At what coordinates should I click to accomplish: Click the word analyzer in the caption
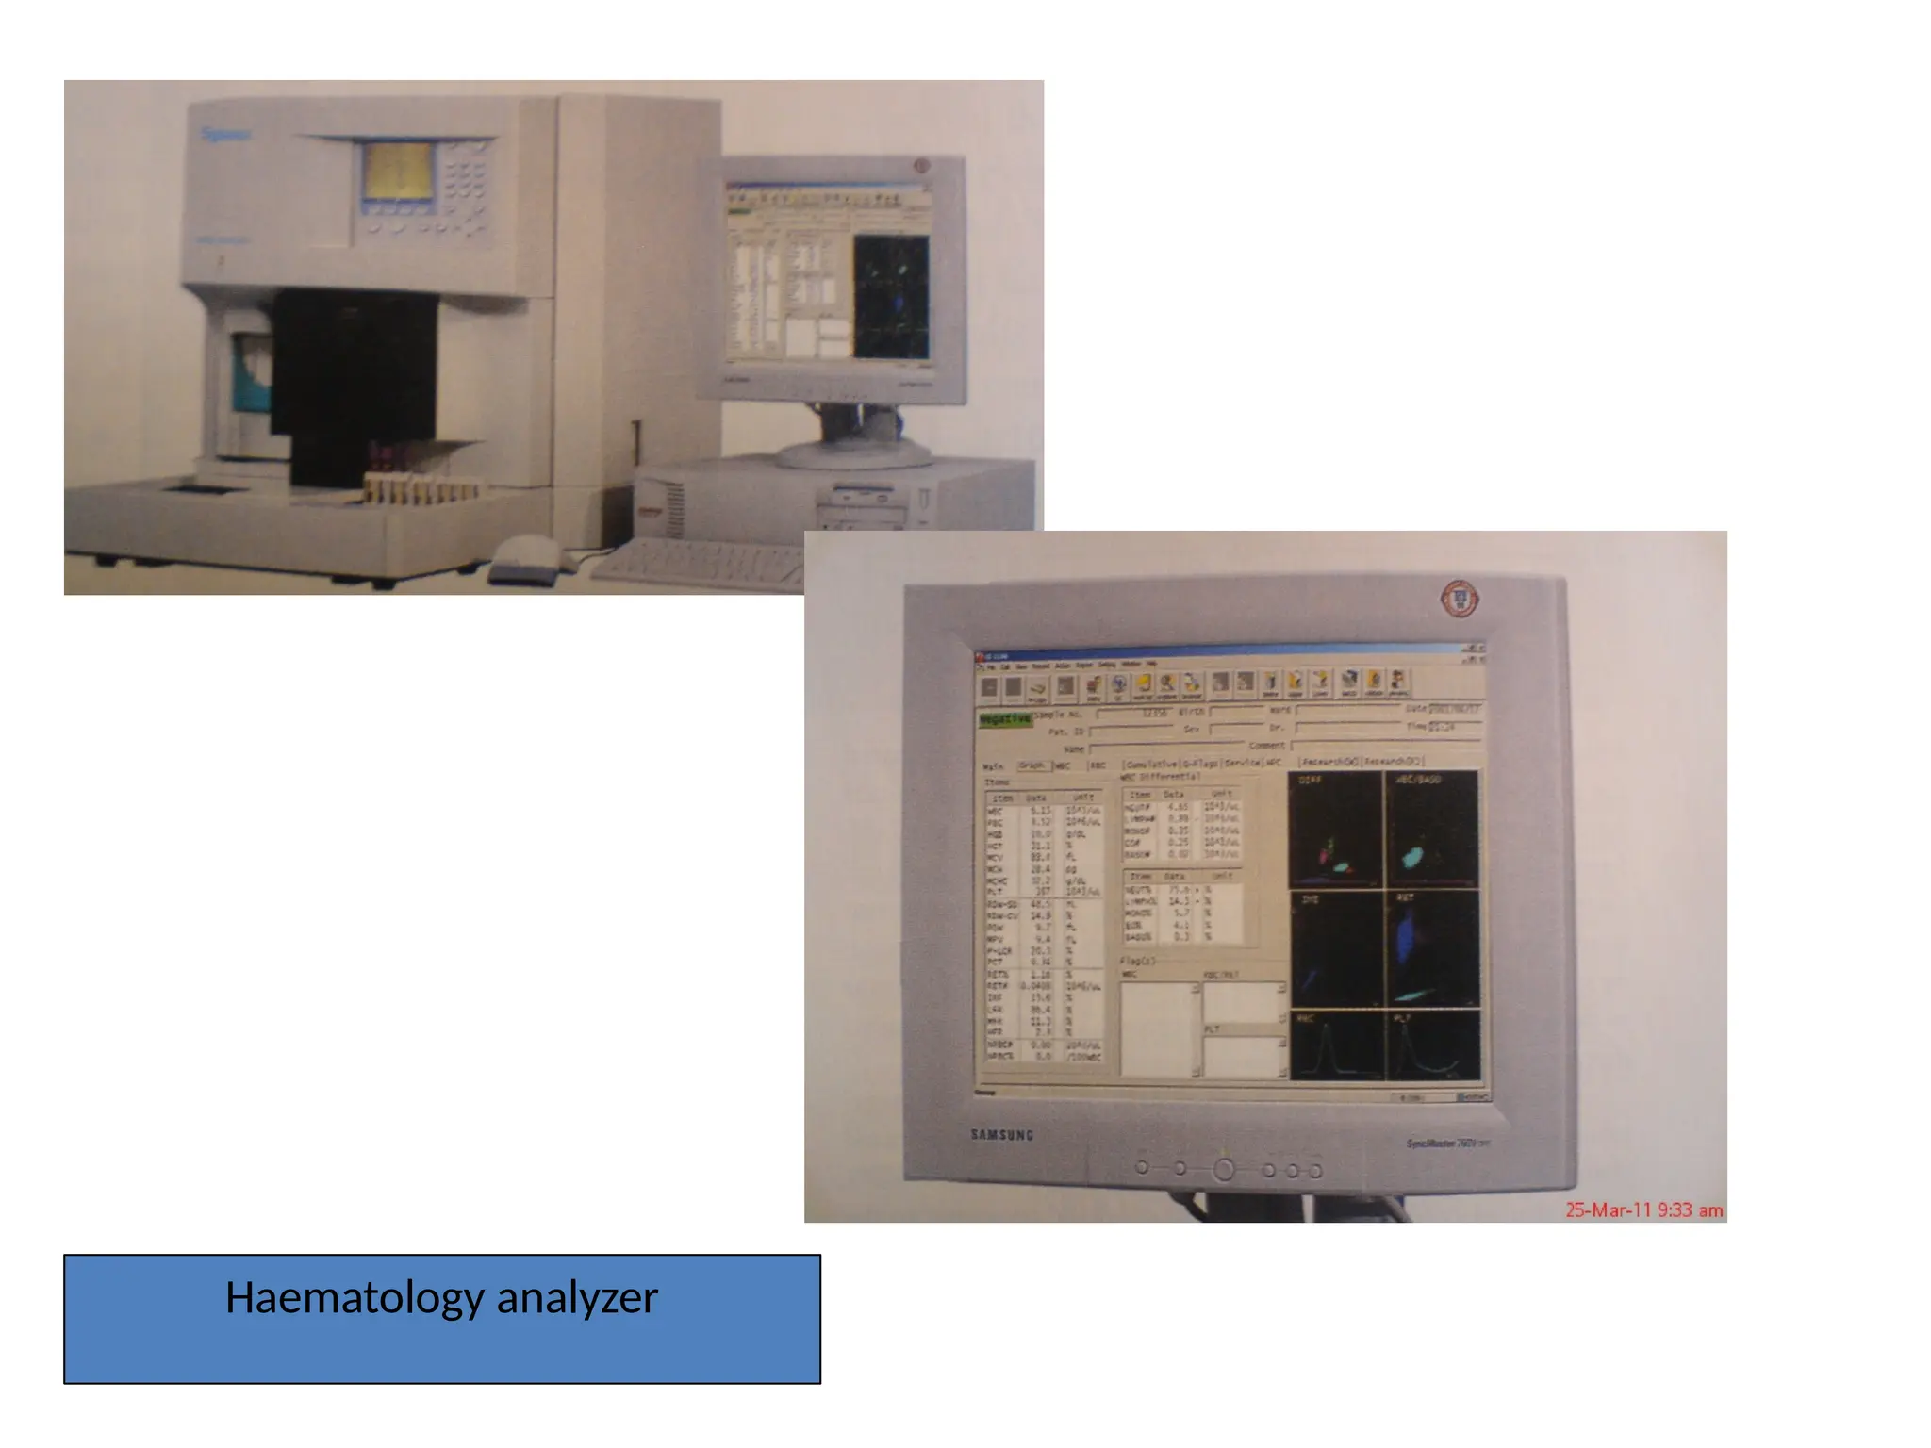[x=577, y=1298]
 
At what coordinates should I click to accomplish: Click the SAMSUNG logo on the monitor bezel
[x=1002, y=1134]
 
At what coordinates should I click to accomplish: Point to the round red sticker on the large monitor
[x=1460, y=599]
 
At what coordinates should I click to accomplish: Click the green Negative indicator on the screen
[x=1005, y=719]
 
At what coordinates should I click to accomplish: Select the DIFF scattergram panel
[x=1335, y=830]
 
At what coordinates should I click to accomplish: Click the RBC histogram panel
[x=1336, y=1045]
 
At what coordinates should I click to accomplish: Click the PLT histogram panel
[x=1432, y=1045]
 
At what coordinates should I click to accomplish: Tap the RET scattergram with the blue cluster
[x=1431, y=947]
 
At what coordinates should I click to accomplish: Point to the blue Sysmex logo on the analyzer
[x=226, y=134]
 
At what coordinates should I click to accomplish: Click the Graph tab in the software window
[x=1033, y=765]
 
